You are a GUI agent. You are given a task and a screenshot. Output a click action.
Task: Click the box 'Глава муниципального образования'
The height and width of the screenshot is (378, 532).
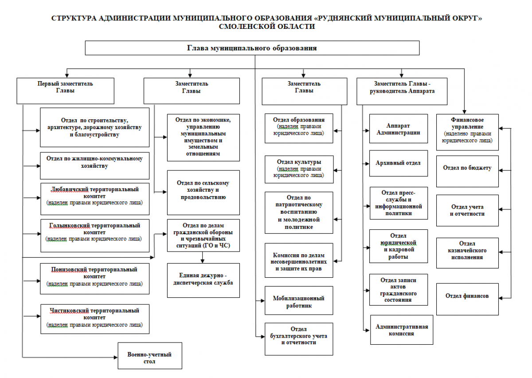point(252,48)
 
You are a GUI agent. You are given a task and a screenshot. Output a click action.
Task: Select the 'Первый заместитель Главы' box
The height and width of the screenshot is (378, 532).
point(65,91)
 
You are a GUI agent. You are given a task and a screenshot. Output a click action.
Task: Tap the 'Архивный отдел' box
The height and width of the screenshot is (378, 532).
point(399,163)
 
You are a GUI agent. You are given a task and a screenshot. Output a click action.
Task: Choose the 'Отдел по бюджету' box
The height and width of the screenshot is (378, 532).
point(467,171)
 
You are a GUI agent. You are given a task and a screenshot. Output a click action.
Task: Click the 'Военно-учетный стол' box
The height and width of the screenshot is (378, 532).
point(150,356)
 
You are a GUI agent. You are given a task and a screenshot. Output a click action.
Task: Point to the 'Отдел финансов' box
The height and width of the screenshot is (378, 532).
point(467,299)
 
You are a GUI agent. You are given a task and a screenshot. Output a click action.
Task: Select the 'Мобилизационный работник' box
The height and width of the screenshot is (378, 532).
point(299,300)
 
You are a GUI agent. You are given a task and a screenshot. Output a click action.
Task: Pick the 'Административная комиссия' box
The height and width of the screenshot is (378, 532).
point(402,330)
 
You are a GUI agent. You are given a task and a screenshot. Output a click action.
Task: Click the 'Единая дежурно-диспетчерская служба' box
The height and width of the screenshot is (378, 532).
point(203,280)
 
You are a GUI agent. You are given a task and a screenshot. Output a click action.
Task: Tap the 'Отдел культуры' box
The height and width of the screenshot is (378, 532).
point(299,169)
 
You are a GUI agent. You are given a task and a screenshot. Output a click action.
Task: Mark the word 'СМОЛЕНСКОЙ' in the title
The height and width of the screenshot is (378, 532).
point(246,26)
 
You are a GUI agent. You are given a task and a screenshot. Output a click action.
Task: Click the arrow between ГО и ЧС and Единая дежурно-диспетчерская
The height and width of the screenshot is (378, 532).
point(202,257)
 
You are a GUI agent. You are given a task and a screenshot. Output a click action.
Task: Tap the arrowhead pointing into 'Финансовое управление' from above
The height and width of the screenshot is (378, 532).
point(464,112)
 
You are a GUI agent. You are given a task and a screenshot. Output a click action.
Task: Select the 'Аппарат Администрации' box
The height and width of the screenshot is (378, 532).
point(399,129)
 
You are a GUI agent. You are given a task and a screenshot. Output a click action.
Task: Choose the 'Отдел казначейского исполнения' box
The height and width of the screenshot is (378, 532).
point(467,253)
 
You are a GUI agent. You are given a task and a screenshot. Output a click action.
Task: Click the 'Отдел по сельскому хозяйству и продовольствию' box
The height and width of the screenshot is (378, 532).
point(203,193)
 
